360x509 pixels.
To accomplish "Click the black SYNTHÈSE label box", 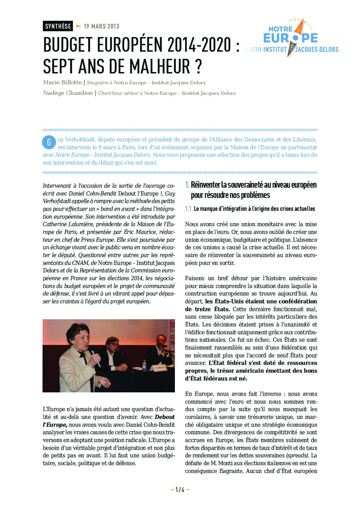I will point(58,26).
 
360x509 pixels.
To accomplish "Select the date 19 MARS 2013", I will point(101,26).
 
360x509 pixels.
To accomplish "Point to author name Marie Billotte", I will point(63,82).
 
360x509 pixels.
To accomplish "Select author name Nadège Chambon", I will point(68,93).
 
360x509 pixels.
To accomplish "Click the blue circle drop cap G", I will point(49,142).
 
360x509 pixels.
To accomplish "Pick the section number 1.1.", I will point(189,209).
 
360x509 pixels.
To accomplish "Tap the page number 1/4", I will point(180,490).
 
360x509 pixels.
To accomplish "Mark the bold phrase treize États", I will point(208,309).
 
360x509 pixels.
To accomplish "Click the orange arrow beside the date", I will point(79,26).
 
